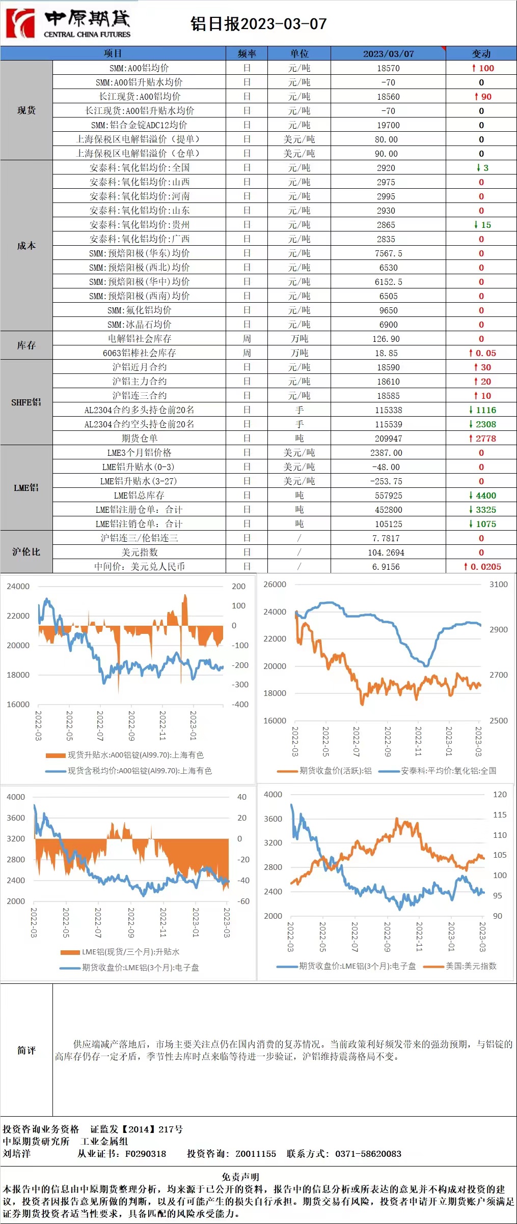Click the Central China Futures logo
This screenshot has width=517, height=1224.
coord(69,23)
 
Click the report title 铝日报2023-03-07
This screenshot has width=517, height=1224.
coord(258,24)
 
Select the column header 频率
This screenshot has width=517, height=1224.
coord(247,53)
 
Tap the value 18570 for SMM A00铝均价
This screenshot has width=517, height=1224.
coord(388,68)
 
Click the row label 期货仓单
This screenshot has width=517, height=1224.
coord(139,439)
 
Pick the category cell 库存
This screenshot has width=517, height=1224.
coord(26,345)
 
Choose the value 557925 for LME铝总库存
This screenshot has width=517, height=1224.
coord(388,496)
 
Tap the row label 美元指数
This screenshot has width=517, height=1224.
coord(139,552)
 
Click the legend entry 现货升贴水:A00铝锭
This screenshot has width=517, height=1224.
coord(135,755)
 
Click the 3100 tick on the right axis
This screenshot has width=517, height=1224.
coord(498,585)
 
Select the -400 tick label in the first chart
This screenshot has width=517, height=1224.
coord(240,705)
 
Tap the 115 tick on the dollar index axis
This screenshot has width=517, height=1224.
coord(500,814)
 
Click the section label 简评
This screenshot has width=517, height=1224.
coord(26,1050)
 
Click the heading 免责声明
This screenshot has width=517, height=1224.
coord(240,1177)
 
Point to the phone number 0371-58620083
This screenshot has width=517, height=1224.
coord(368,1153)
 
